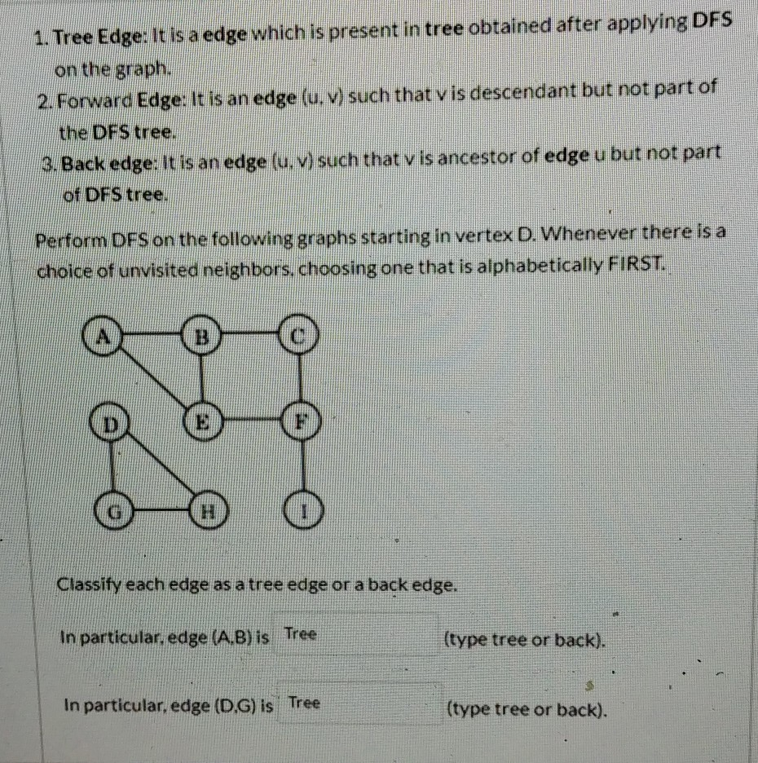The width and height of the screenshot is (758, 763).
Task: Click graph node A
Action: (104, 334)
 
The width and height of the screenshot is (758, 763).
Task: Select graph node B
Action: (202, 335)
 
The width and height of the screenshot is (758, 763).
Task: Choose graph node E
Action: (204, 422)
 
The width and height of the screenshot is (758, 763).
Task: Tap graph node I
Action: (303, 514)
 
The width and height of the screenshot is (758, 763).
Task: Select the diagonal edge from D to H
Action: (160, 469)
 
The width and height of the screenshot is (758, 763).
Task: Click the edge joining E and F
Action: (253, 422)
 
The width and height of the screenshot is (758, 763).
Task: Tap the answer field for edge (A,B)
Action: (356, 636)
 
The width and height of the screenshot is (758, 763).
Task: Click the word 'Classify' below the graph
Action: (86, 584)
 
